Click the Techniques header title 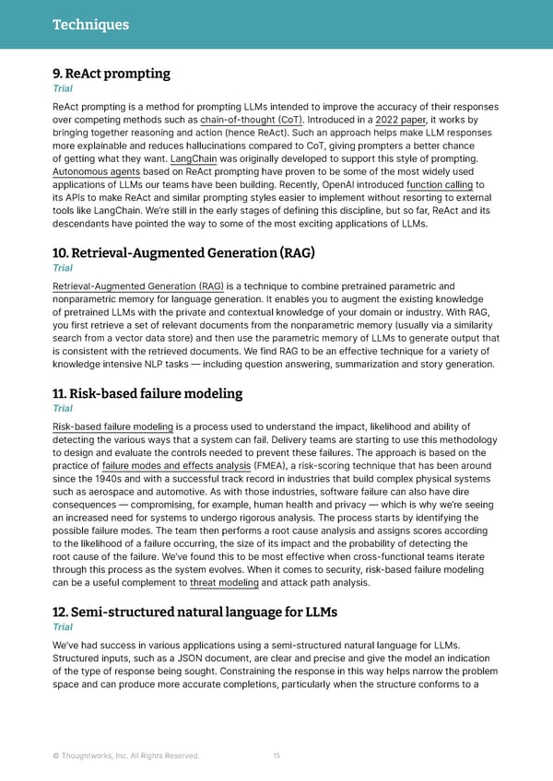point(90,25)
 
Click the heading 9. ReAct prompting point(112,74)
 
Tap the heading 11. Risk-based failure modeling point(147,393)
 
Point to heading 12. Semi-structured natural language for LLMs point(194,612)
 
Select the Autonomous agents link point(97,171)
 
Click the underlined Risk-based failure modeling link point(113,426)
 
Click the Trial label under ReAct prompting point(63,89)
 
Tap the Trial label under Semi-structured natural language point(63,627)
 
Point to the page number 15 point(276,756)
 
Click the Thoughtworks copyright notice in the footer point(125,756)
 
